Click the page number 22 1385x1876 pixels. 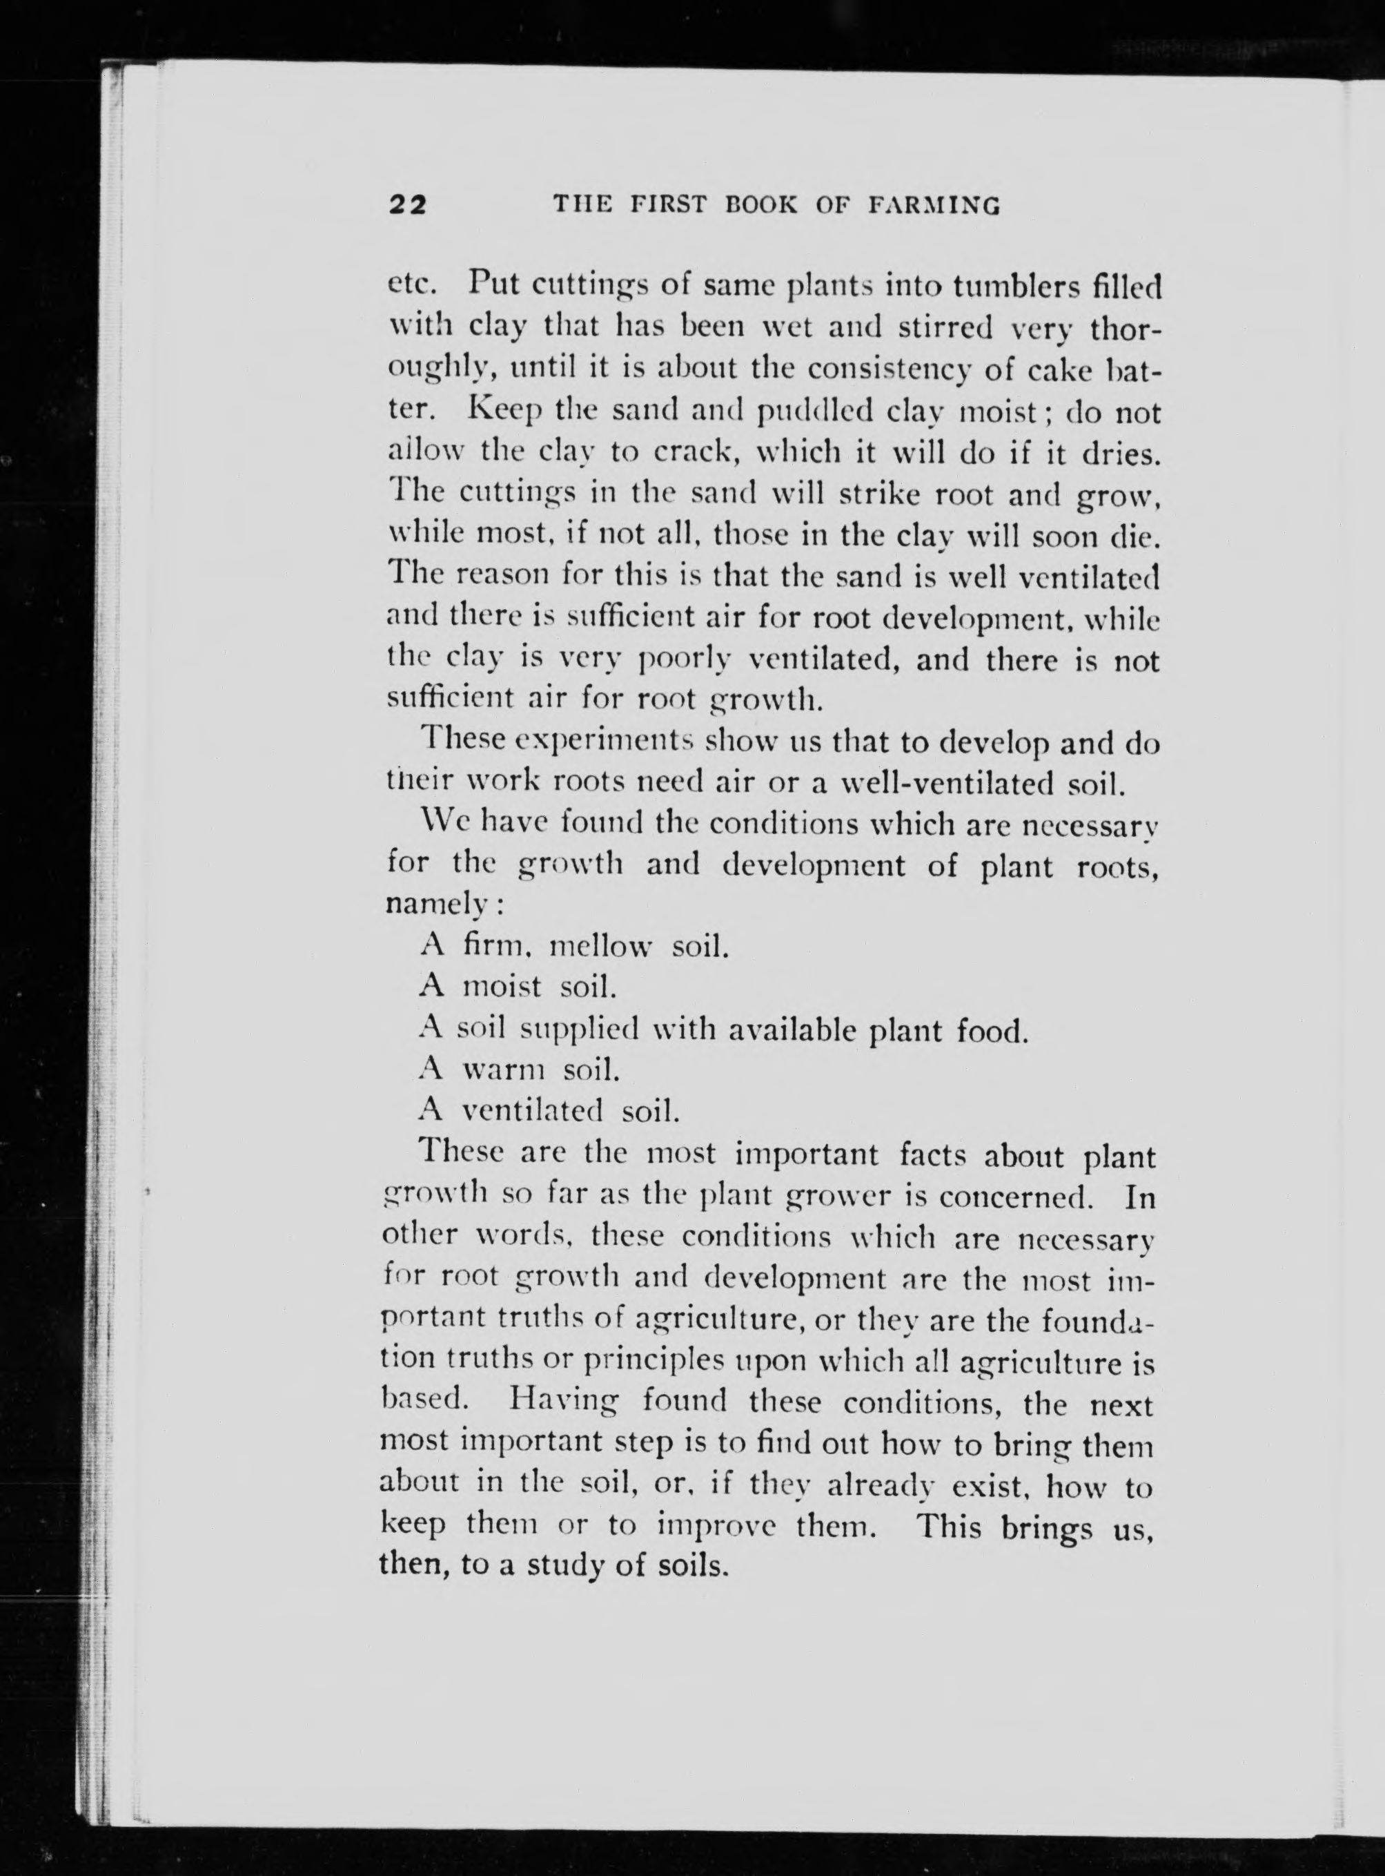(407, 204)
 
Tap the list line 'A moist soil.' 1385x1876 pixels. (518, 988)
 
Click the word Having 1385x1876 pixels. (566, 1403)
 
